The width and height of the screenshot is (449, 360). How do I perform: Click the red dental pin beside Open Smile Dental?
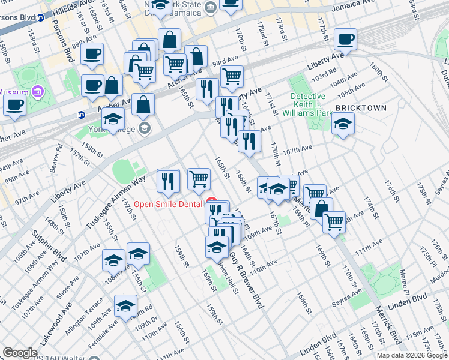pyautogui.click(x=211, y=201)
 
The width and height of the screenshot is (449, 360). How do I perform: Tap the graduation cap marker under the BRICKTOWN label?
pyautogui.click(x=343, y=124)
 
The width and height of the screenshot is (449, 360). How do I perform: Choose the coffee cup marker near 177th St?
pyautogui.click(x=345, y=40)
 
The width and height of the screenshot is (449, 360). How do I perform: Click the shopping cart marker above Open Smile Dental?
pyautogui.click(x=199, y=178)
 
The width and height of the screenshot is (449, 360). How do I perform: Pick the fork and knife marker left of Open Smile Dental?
pyautogui.click(x=169, y=181)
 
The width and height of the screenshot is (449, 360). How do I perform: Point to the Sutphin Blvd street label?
pyautogui.click(x=41, y=245)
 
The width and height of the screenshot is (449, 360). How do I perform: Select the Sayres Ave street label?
pyautogui.click(x=349, y=294)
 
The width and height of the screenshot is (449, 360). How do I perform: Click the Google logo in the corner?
pyautogui.click(x=20, y=353)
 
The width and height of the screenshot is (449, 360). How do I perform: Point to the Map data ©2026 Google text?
pyautogui.click(x=412, y=355)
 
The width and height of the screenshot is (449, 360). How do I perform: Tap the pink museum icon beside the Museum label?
pyautogui.click(x=38, y=91)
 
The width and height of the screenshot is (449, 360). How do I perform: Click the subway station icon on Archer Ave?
pyautogui.click(x=82, y=115)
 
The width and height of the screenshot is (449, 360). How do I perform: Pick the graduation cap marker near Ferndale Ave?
pyautogui.click(x=125, y=305)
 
